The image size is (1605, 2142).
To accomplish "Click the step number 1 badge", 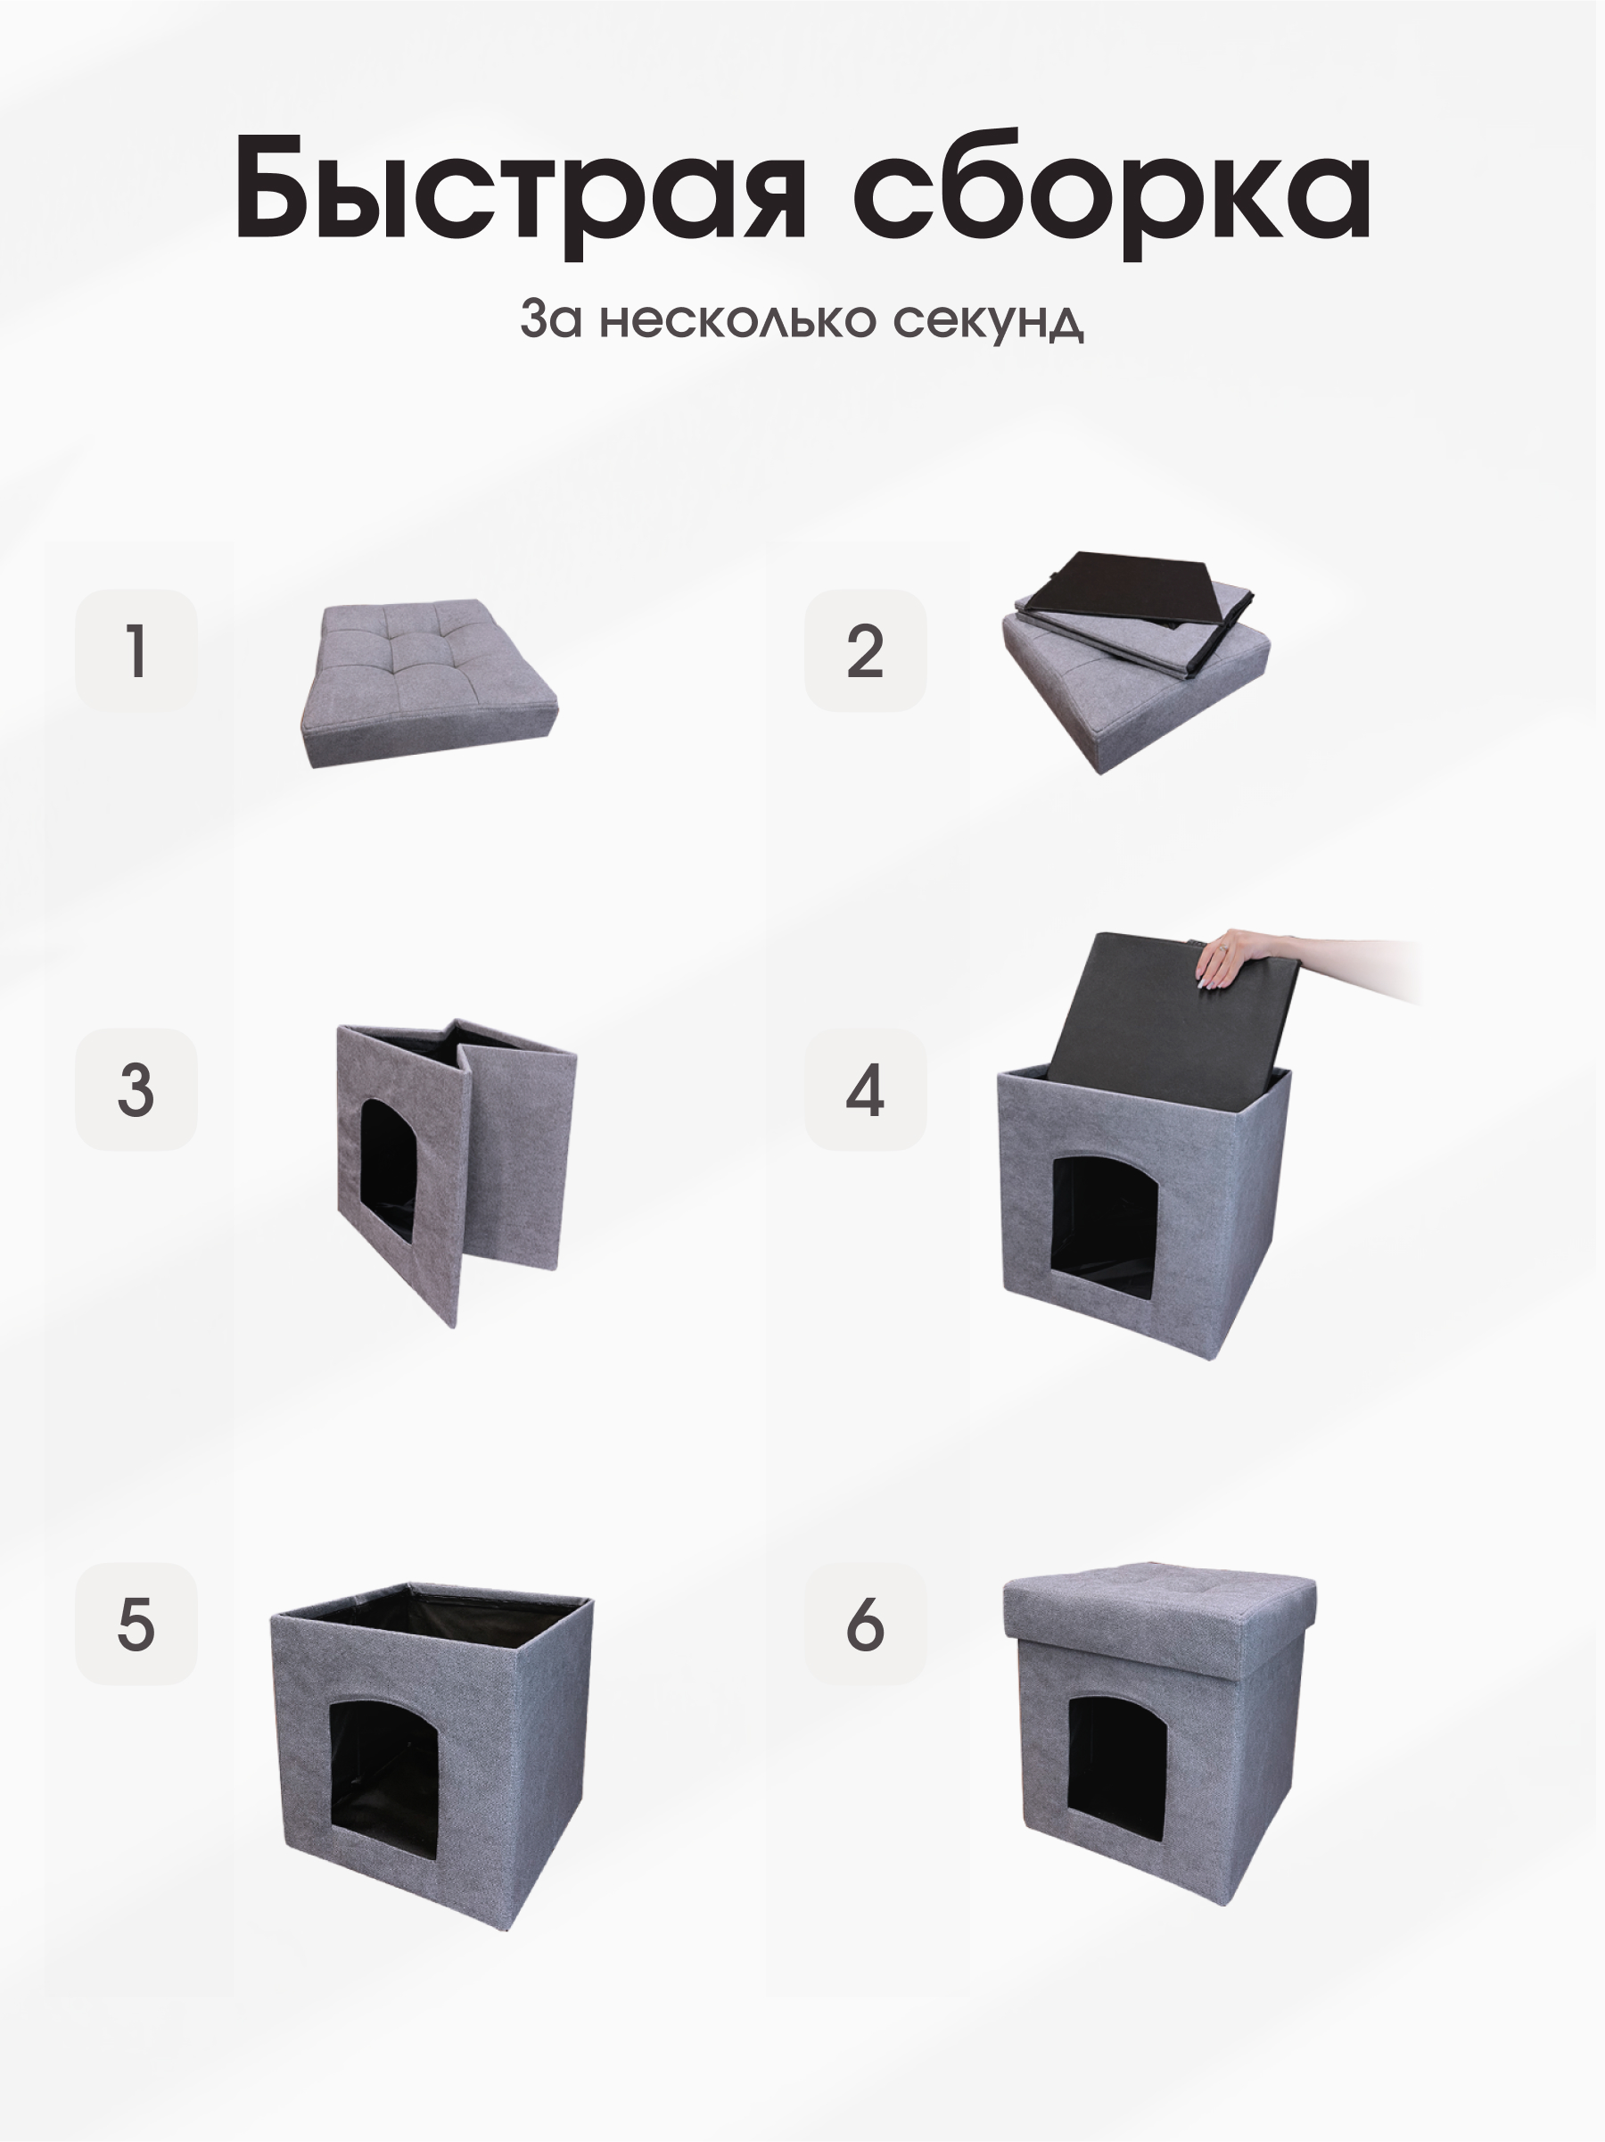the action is coord(136,650).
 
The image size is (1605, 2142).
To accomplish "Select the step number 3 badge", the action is coord(136,1089).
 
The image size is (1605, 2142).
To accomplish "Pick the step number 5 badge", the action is coord(136,1624).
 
